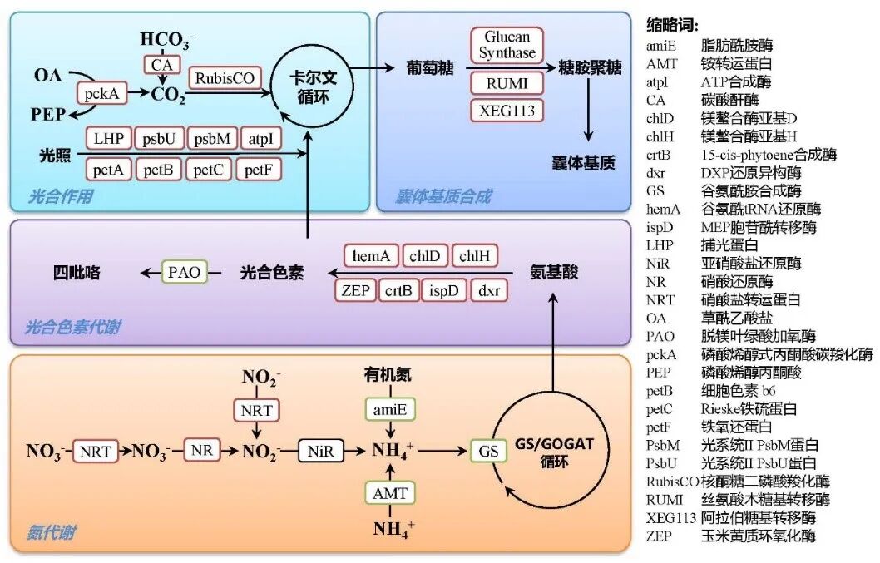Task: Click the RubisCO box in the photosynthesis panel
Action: [x=225, y=79]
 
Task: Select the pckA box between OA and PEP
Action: [x=101, y=93]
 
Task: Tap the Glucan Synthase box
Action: [x=507, y=45]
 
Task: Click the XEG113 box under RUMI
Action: [x=507, y=109]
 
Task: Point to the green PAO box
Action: [x=185, y=272]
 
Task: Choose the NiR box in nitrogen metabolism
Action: [x=320, y=451]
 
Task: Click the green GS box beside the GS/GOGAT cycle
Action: [x=488, y=451]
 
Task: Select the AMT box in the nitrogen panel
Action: [x=390, y=493]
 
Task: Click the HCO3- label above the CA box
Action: [x=166, y=39]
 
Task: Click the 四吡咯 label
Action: [x=77, y=272]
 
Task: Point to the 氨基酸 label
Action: [x=553, y=272]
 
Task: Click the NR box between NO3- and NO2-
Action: [x=201, y=451]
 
